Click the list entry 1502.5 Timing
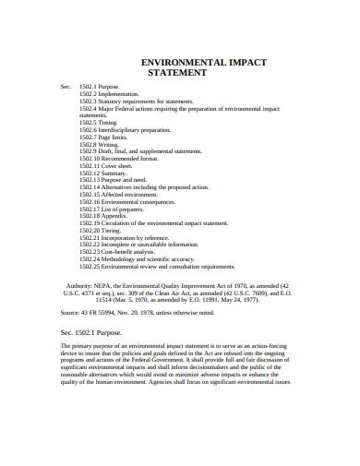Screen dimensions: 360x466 pos(98,121)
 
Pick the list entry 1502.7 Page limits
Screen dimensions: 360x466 pos(103,138)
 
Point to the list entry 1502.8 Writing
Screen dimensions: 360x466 pos(100,146)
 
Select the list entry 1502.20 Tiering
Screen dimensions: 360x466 pos(101,231)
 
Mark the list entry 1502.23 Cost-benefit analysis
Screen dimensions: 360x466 pos(116,252)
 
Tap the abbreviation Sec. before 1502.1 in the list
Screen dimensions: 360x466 pos(66,87)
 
